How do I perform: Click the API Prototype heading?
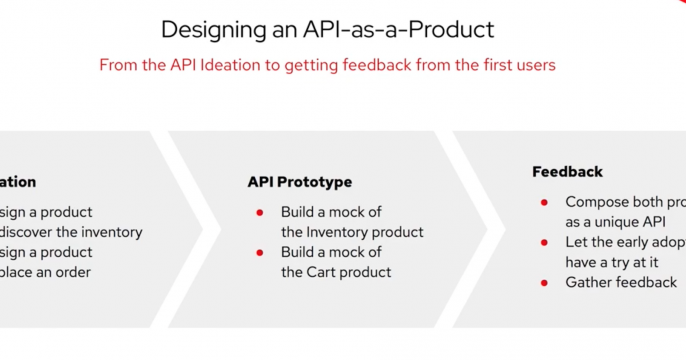299,182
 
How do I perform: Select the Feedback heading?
567,172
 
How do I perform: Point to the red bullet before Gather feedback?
544,283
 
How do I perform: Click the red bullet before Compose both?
544,202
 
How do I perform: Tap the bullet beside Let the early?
544,243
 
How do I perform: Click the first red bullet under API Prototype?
260,213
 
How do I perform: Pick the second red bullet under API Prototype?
260,253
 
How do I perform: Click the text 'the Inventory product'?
352,232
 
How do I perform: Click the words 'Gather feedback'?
620,282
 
